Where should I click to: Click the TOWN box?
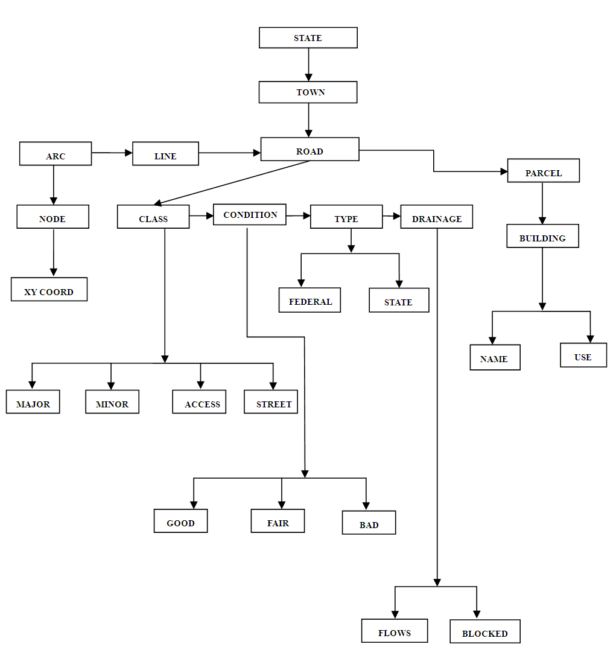(x=308, y=92)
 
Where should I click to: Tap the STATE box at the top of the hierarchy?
(x=308, y=37)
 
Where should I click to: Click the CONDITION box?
(x=249, y=214)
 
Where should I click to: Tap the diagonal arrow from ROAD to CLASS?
(x=232, y=183)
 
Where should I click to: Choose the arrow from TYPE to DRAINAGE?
(x=392, y=215)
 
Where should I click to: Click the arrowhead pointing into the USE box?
(x=590, y=339)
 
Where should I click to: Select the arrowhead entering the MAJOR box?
(x=32, y=385)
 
